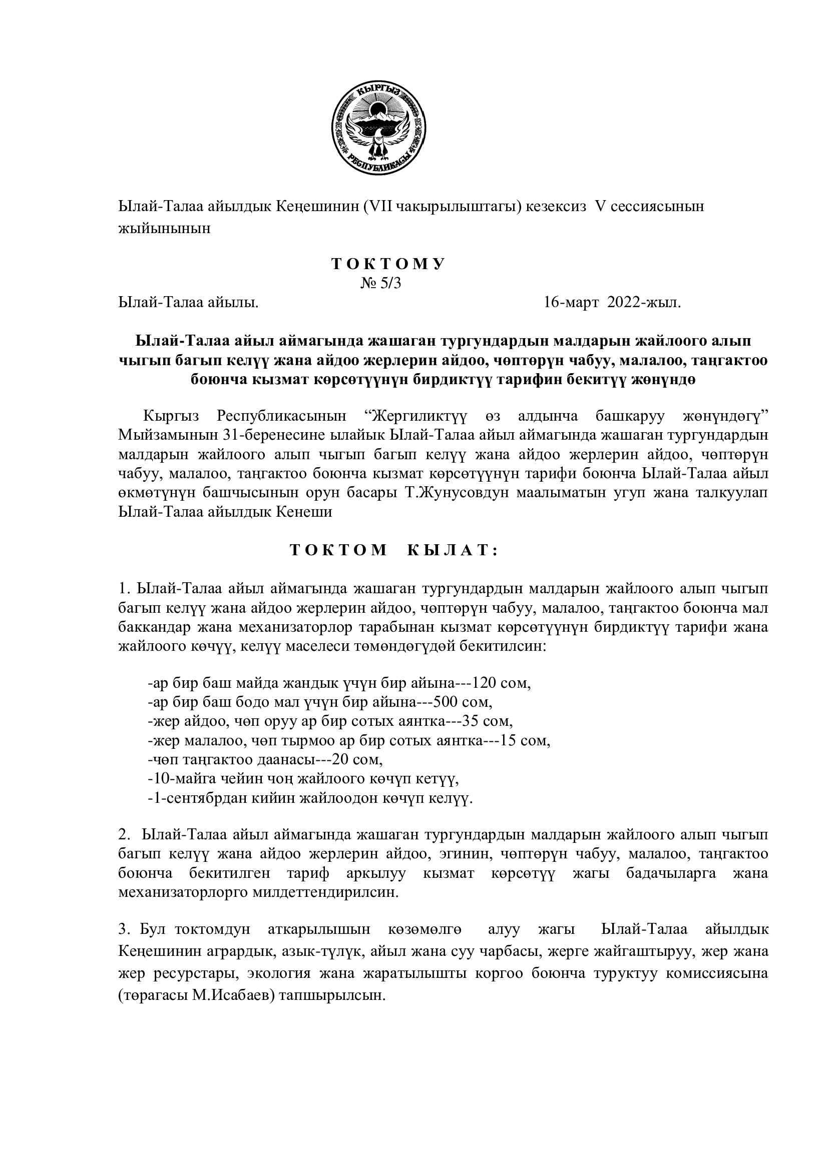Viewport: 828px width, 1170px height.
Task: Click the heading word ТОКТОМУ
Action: click(388, 264)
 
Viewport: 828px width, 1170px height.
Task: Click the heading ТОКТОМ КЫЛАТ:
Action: click(393, 550)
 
